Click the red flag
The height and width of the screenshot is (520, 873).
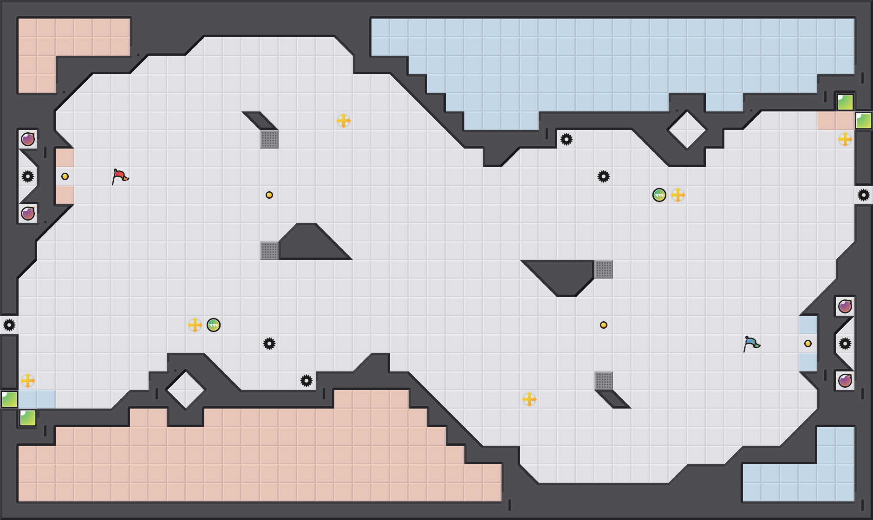click(x=120, y=176)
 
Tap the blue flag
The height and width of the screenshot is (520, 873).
click(x=751, y=344)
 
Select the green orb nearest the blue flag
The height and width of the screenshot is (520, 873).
click(x=659, y=195)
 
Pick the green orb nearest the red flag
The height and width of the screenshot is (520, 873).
click(x=214, y=325)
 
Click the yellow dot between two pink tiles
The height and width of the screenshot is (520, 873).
click(x=65, y=176)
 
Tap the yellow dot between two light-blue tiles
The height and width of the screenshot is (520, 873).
click(x=808, y=344)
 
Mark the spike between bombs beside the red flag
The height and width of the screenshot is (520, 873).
click(x=28, y=176)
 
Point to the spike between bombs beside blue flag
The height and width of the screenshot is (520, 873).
click(x=845, y=344)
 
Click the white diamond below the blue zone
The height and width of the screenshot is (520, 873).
click(x=687, y=130)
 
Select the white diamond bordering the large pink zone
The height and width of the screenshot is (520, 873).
click(x=186, y=390)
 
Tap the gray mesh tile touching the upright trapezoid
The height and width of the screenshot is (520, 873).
click(x=269, y=251)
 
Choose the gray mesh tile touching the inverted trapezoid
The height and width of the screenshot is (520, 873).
click(x=604, y=269)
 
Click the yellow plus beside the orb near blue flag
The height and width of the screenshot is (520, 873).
click(x=678, y=195)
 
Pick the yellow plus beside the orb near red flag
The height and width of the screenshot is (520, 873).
click(x=195, y=325)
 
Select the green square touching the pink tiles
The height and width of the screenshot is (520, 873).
click(x=864, y=121)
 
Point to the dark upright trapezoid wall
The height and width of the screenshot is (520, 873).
click(x=311, y=244)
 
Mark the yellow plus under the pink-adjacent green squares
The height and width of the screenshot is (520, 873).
click(x=845, y=139)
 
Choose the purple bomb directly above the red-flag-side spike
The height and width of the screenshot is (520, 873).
click(x=28, y=139)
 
